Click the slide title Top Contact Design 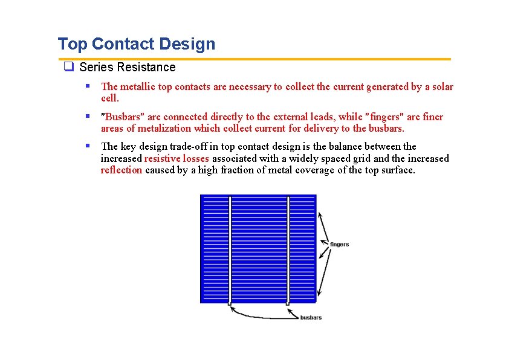[136, 44]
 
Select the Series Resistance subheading [127, 68]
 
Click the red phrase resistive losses [177, 158]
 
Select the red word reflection [122, 170]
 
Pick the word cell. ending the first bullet [110, 98]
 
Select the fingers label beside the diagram [339, 244]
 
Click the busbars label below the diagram [311, 317]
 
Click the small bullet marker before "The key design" [88, 146]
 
